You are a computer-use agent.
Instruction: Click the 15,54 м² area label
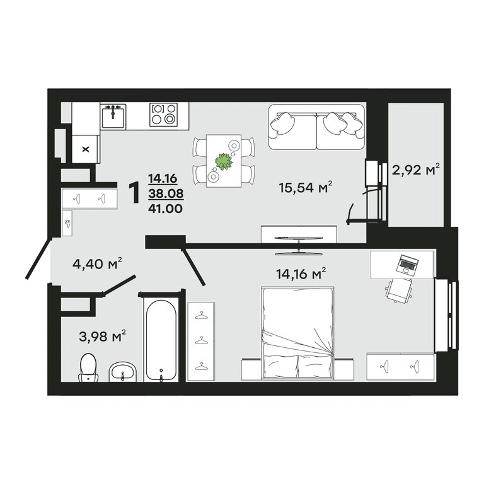305,187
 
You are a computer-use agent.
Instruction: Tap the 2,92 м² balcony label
415,169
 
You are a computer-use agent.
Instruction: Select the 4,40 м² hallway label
97,263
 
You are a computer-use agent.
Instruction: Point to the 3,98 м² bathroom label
102,336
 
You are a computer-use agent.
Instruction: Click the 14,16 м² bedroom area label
301,274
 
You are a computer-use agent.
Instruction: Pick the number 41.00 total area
166,209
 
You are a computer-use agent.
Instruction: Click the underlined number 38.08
166,193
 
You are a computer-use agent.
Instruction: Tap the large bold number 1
135,193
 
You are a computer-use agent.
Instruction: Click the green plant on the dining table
224,161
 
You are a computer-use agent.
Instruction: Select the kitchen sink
113,117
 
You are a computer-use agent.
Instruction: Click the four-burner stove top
164,115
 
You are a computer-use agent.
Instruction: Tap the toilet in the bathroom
89,367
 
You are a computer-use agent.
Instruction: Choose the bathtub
161,340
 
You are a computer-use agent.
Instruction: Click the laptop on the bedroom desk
407,264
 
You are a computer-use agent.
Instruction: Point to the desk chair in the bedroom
399,291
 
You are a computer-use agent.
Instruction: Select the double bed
297,333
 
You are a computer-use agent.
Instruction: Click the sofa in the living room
316,127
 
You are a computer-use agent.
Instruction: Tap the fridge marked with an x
86,149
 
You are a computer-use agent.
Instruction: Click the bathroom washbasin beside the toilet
122,372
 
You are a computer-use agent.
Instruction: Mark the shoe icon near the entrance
67,224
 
